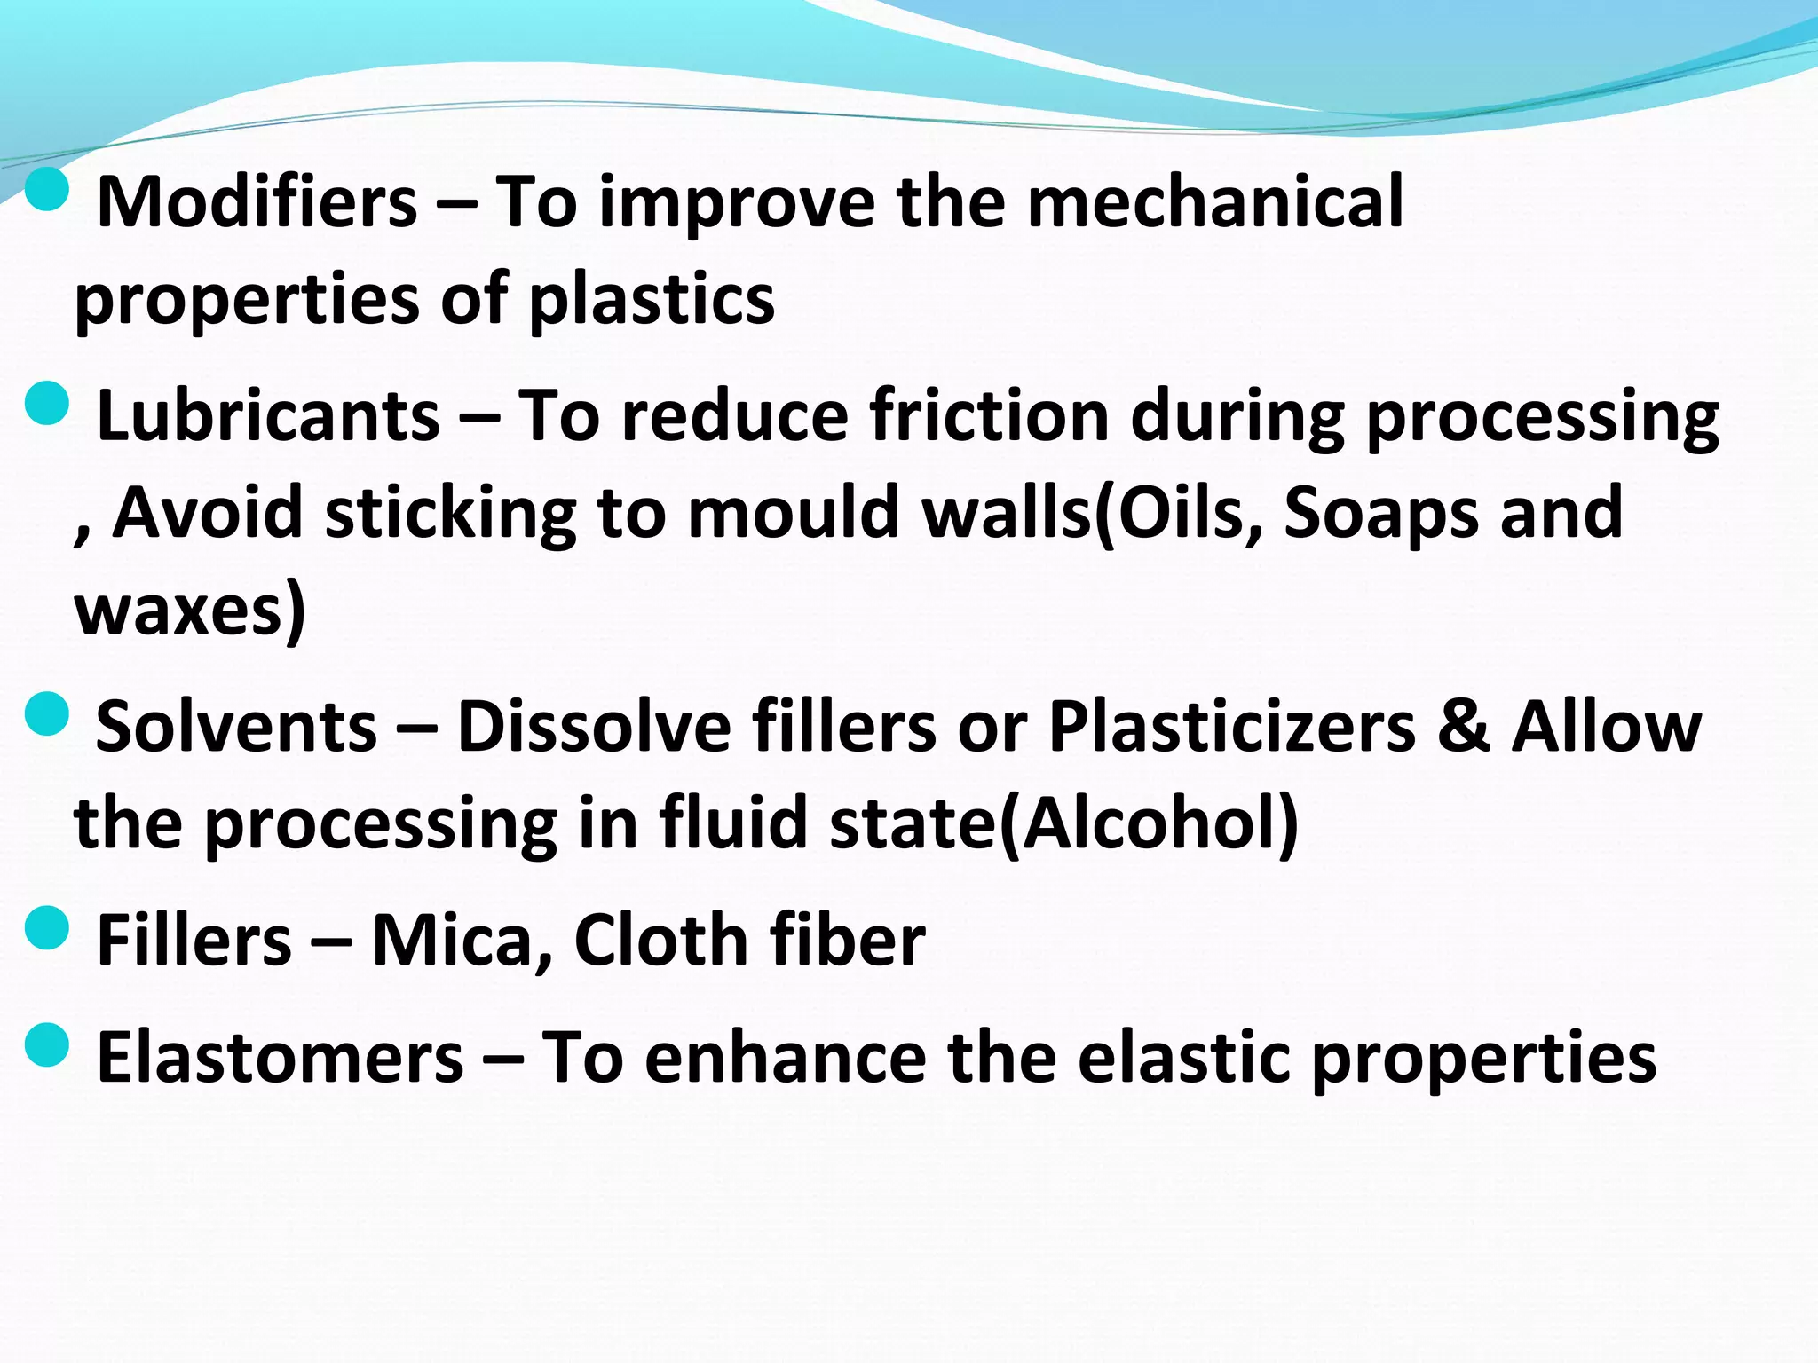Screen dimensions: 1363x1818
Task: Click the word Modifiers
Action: pyautogui.click(x=257, y=203)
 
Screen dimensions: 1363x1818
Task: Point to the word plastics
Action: pyautogui.click(x=652, y=300)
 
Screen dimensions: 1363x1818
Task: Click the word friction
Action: pyautogui.click(x=989, y=416)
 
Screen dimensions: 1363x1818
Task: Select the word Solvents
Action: pyautogui.click(x=236, y=727)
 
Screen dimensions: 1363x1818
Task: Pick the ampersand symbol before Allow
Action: pyautogui.click(x=1464, y=727)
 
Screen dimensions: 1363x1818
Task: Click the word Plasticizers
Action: pyautogui.click(x=1231, y=727)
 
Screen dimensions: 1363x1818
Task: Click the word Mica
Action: pyautogui.click(x=462, y=941)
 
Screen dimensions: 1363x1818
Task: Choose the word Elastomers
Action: pyautogui.click(x=280, y=1058)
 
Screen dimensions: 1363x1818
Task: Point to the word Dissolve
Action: pyautogui.click(x=594, y=727)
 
